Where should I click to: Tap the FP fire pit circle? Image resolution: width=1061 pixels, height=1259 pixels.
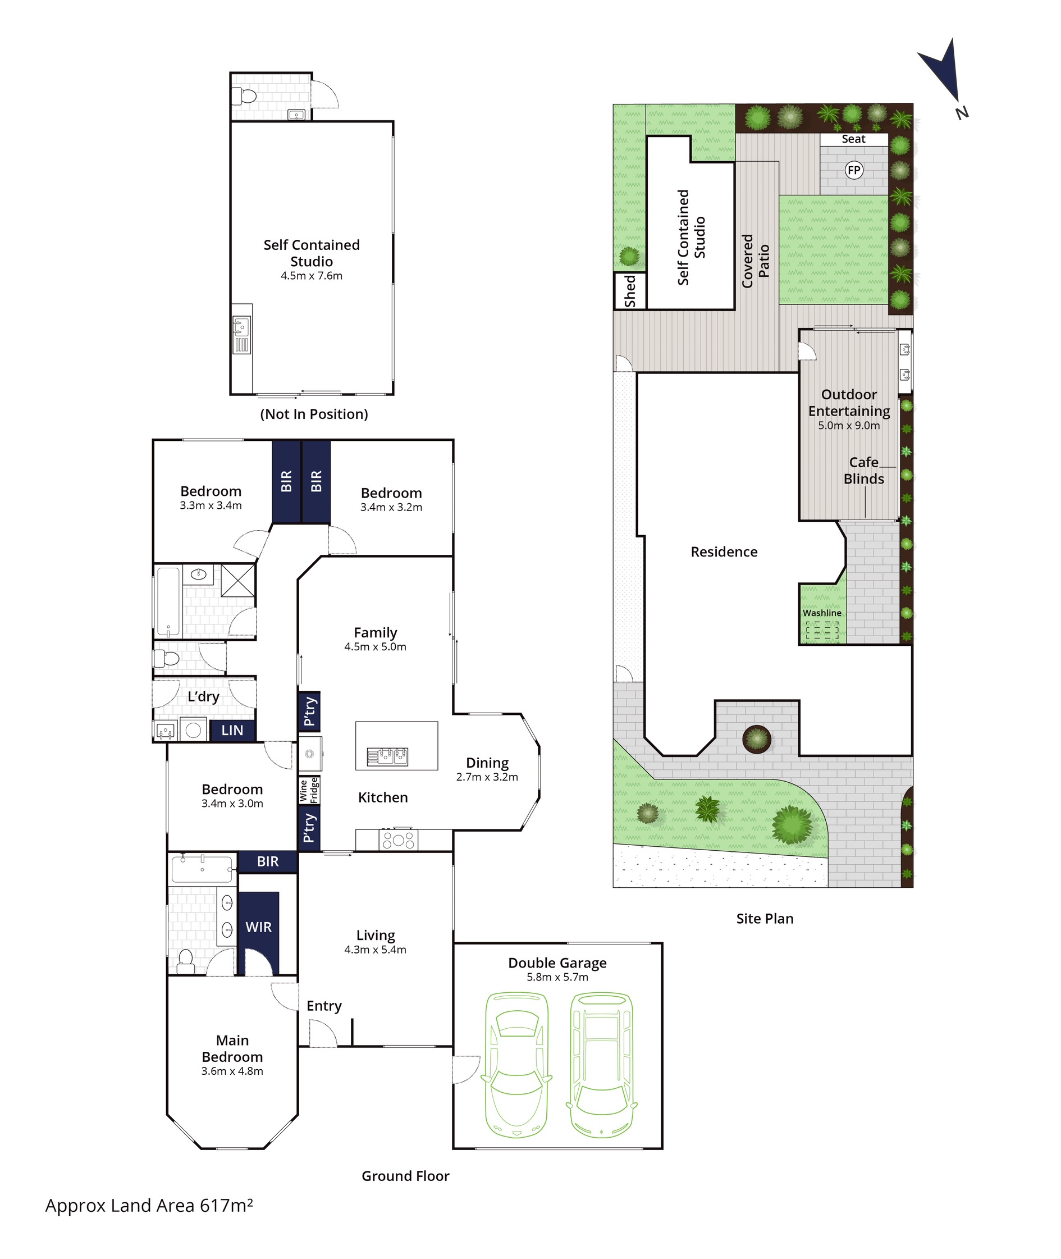point(853,170)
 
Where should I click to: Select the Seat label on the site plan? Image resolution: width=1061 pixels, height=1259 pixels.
point(853,139)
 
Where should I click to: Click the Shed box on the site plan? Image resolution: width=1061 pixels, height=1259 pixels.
point(630,291)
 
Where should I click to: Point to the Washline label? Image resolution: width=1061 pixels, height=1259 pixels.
point(822,613)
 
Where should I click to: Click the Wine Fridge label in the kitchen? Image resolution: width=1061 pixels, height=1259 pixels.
point(309,790)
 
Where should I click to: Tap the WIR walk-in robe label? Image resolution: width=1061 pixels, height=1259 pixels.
point(259,927)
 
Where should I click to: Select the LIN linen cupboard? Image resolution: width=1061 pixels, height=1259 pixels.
point(232,730)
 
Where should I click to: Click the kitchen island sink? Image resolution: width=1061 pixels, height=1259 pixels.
point(388,756)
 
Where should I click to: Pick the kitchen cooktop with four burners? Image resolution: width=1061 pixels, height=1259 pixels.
point(398,840)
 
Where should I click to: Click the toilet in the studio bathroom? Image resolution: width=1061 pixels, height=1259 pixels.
point(247,95)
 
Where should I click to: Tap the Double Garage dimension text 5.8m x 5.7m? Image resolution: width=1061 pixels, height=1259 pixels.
point(557,977)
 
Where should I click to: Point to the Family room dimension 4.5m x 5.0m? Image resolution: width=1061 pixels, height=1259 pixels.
point(376,647)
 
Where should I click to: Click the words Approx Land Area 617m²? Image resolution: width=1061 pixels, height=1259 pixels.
point(149,1206)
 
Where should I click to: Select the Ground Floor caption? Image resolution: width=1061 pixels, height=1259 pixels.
point(405,1176)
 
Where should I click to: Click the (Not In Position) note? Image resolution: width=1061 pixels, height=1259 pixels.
point(314,414)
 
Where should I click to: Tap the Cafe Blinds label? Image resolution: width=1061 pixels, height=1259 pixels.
point(865,471)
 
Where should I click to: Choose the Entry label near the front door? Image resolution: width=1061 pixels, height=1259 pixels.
point(324,1006)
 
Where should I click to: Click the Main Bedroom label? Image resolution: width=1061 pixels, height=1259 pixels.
point(232,1048)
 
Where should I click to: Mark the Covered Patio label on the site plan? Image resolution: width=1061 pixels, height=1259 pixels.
point(756,261)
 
